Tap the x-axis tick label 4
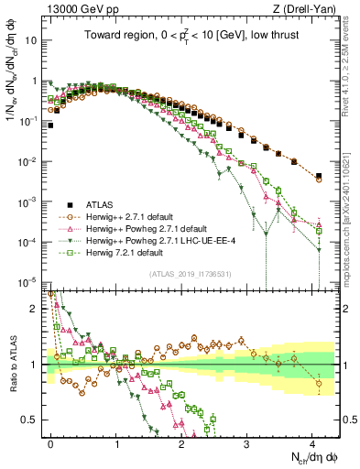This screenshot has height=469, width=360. [313, 442]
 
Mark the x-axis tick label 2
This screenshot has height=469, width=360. [182, 442]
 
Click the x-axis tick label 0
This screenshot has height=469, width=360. [51, 442]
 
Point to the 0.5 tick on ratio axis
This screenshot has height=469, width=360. [30, 420]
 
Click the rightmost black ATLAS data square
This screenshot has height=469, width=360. [319, 176]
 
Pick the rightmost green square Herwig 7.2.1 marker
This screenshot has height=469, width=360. [319, 231]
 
